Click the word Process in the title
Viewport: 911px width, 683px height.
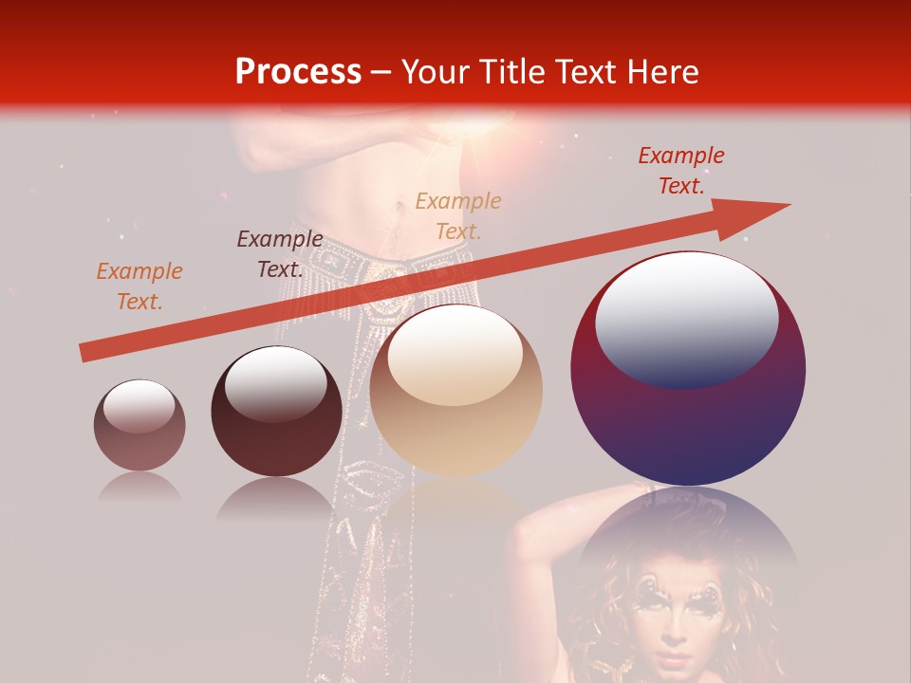[298, 72]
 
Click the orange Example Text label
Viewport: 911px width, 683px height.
[139, 286]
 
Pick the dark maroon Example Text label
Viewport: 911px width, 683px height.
[279, 253]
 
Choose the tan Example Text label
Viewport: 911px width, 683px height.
[457, 215]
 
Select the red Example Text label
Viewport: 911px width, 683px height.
[680, 171]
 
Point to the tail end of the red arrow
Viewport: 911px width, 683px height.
[87, 352]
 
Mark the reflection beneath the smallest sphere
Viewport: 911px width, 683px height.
[139, 486]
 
